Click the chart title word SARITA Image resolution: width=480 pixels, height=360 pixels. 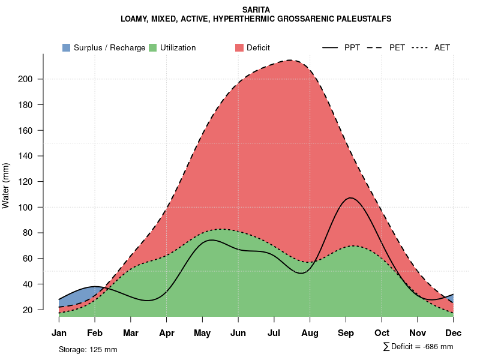(256, 10)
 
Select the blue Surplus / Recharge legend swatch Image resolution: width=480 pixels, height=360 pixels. (67, 47)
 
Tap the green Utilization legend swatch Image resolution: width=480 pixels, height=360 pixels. (153, 47)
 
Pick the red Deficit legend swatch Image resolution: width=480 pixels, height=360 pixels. (239, 47)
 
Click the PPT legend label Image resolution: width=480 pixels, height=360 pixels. (352, 47)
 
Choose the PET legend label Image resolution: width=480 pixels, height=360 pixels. (397, 47)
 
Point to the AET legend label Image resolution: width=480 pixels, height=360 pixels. (442, 47)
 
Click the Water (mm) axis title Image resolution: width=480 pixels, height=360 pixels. (6, 186)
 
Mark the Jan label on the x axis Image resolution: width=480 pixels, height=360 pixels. (59, 333)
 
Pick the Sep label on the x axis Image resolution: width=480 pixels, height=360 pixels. (346, 333)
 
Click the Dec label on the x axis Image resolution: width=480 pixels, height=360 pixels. (454, 333)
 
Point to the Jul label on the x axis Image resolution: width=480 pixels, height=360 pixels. (274, 333)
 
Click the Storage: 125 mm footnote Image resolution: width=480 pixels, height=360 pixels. (88, 349)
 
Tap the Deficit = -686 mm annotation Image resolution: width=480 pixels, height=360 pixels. (418, 347)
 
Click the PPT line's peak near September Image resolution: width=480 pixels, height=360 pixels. (350, 197)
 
